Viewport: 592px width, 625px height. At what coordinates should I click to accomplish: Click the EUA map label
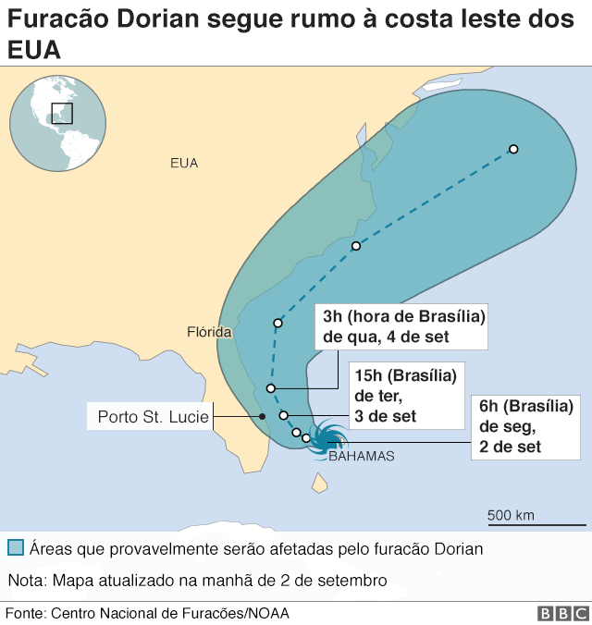[184, 163]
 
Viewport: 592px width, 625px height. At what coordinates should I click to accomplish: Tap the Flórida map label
[208, 332]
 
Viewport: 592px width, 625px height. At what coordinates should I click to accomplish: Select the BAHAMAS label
[362, 456]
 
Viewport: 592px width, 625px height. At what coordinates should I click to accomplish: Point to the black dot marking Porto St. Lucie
[263, 417]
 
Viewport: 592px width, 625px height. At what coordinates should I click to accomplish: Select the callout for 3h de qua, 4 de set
[401, 325]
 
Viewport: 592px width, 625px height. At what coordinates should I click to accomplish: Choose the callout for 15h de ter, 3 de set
[406, 396]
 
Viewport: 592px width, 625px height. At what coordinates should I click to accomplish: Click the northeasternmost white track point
[512, 149]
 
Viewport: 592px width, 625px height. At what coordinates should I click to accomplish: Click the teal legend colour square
[15, 547]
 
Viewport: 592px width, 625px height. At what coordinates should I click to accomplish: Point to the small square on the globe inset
[61, 113]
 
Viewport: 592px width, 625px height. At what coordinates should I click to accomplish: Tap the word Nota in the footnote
[25, 581]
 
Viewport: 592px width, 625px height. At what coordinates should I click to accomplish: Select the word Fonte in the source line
[24, 613]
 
